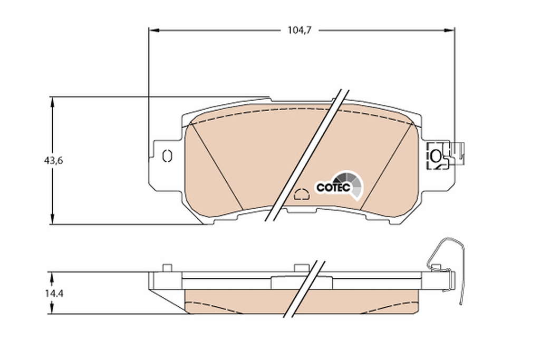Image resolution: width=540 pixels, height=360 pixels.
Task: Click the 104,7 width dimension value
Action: tap(300, 30)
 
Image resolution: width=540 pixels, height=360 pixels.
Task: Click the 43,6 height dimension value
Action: tap(53, 160)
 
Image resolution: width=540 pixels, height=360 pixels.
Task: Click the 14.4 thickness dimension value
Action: tap(53, 294)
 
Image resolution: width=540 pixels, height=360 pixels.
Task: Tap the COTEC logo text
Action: tap(333, 188)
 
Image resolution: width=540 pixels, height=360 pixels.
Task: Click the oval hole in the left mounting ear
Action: tap(167, 156)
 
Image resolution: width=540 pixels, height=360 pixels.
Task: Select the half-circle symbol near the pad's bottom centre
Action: tap(302, 194)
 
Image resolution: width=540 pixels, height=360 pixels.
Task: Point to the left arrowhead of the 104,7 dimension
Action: tap(154, 31)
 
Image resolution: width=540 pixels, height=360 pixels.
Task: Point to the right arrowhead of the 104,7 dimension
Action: tap(449, 31)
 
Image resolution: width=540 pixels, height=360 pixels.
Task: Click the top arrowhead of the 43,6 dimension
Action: tap(52, 102)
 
